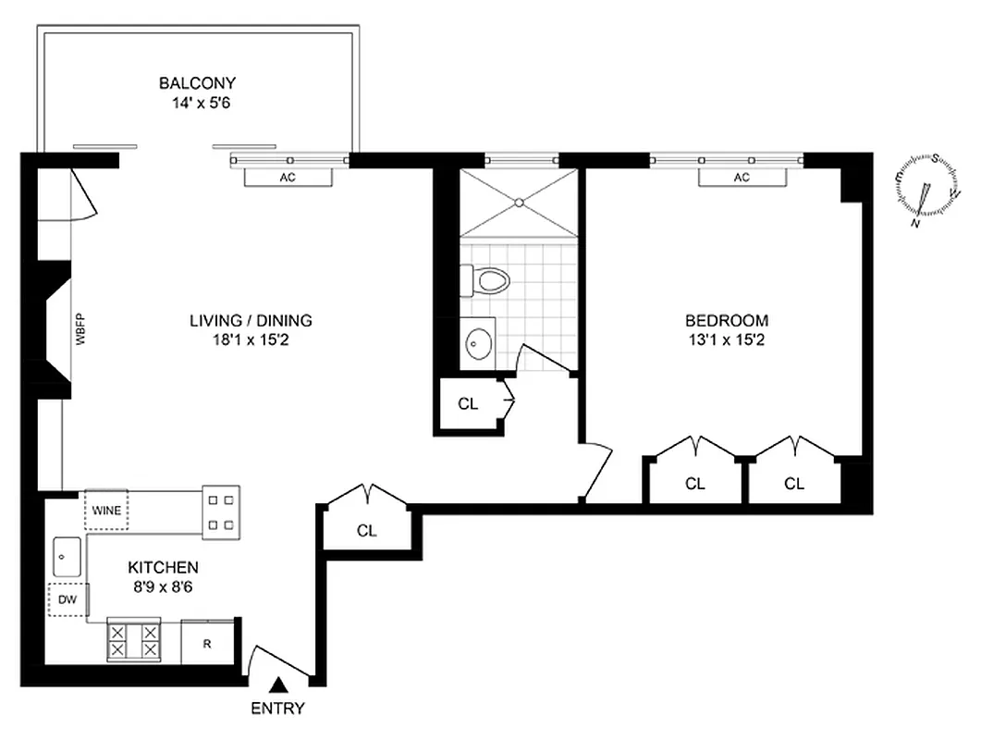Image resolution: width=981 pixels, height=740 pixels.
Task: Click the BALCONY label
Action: (x=197, y=83)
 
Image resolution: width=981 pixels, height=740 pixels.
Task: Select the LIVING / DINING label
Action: (x=251, y=321)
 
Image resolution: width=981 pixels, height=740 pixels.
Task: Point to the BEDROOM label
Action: (x=726, y=321)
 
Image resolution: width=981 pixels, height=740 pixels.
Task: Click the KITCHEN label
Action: (x=163, y=567)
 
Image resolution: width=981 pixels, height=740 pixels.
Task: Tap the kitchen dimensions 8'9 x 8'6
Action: (x=163, y=586)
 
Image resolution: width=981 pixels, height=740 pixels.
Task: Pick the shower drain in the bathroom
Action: (x=521, y=201)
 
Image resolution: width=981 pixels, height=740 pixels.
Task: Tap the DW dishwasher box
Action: (x=67, y=600)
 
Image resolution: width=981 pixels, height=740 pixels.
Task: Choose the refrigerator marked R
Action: (x=207, y=642)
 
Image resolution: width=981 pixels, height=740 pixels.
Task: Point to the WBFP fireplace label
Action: (x=80, y=331)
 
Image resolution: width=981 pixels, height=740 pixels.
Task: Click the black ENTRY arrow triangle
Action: (x=278, y=686)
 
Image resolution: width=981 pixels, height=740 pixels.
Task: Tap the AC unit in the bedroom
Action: (x=741, y=178)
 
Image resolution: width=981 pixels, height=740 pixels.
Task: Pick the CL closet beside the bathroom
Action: (x=469, y=403)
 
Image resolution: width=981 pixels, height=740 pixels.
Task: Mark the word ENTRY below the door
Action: (x=278, y=710)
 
